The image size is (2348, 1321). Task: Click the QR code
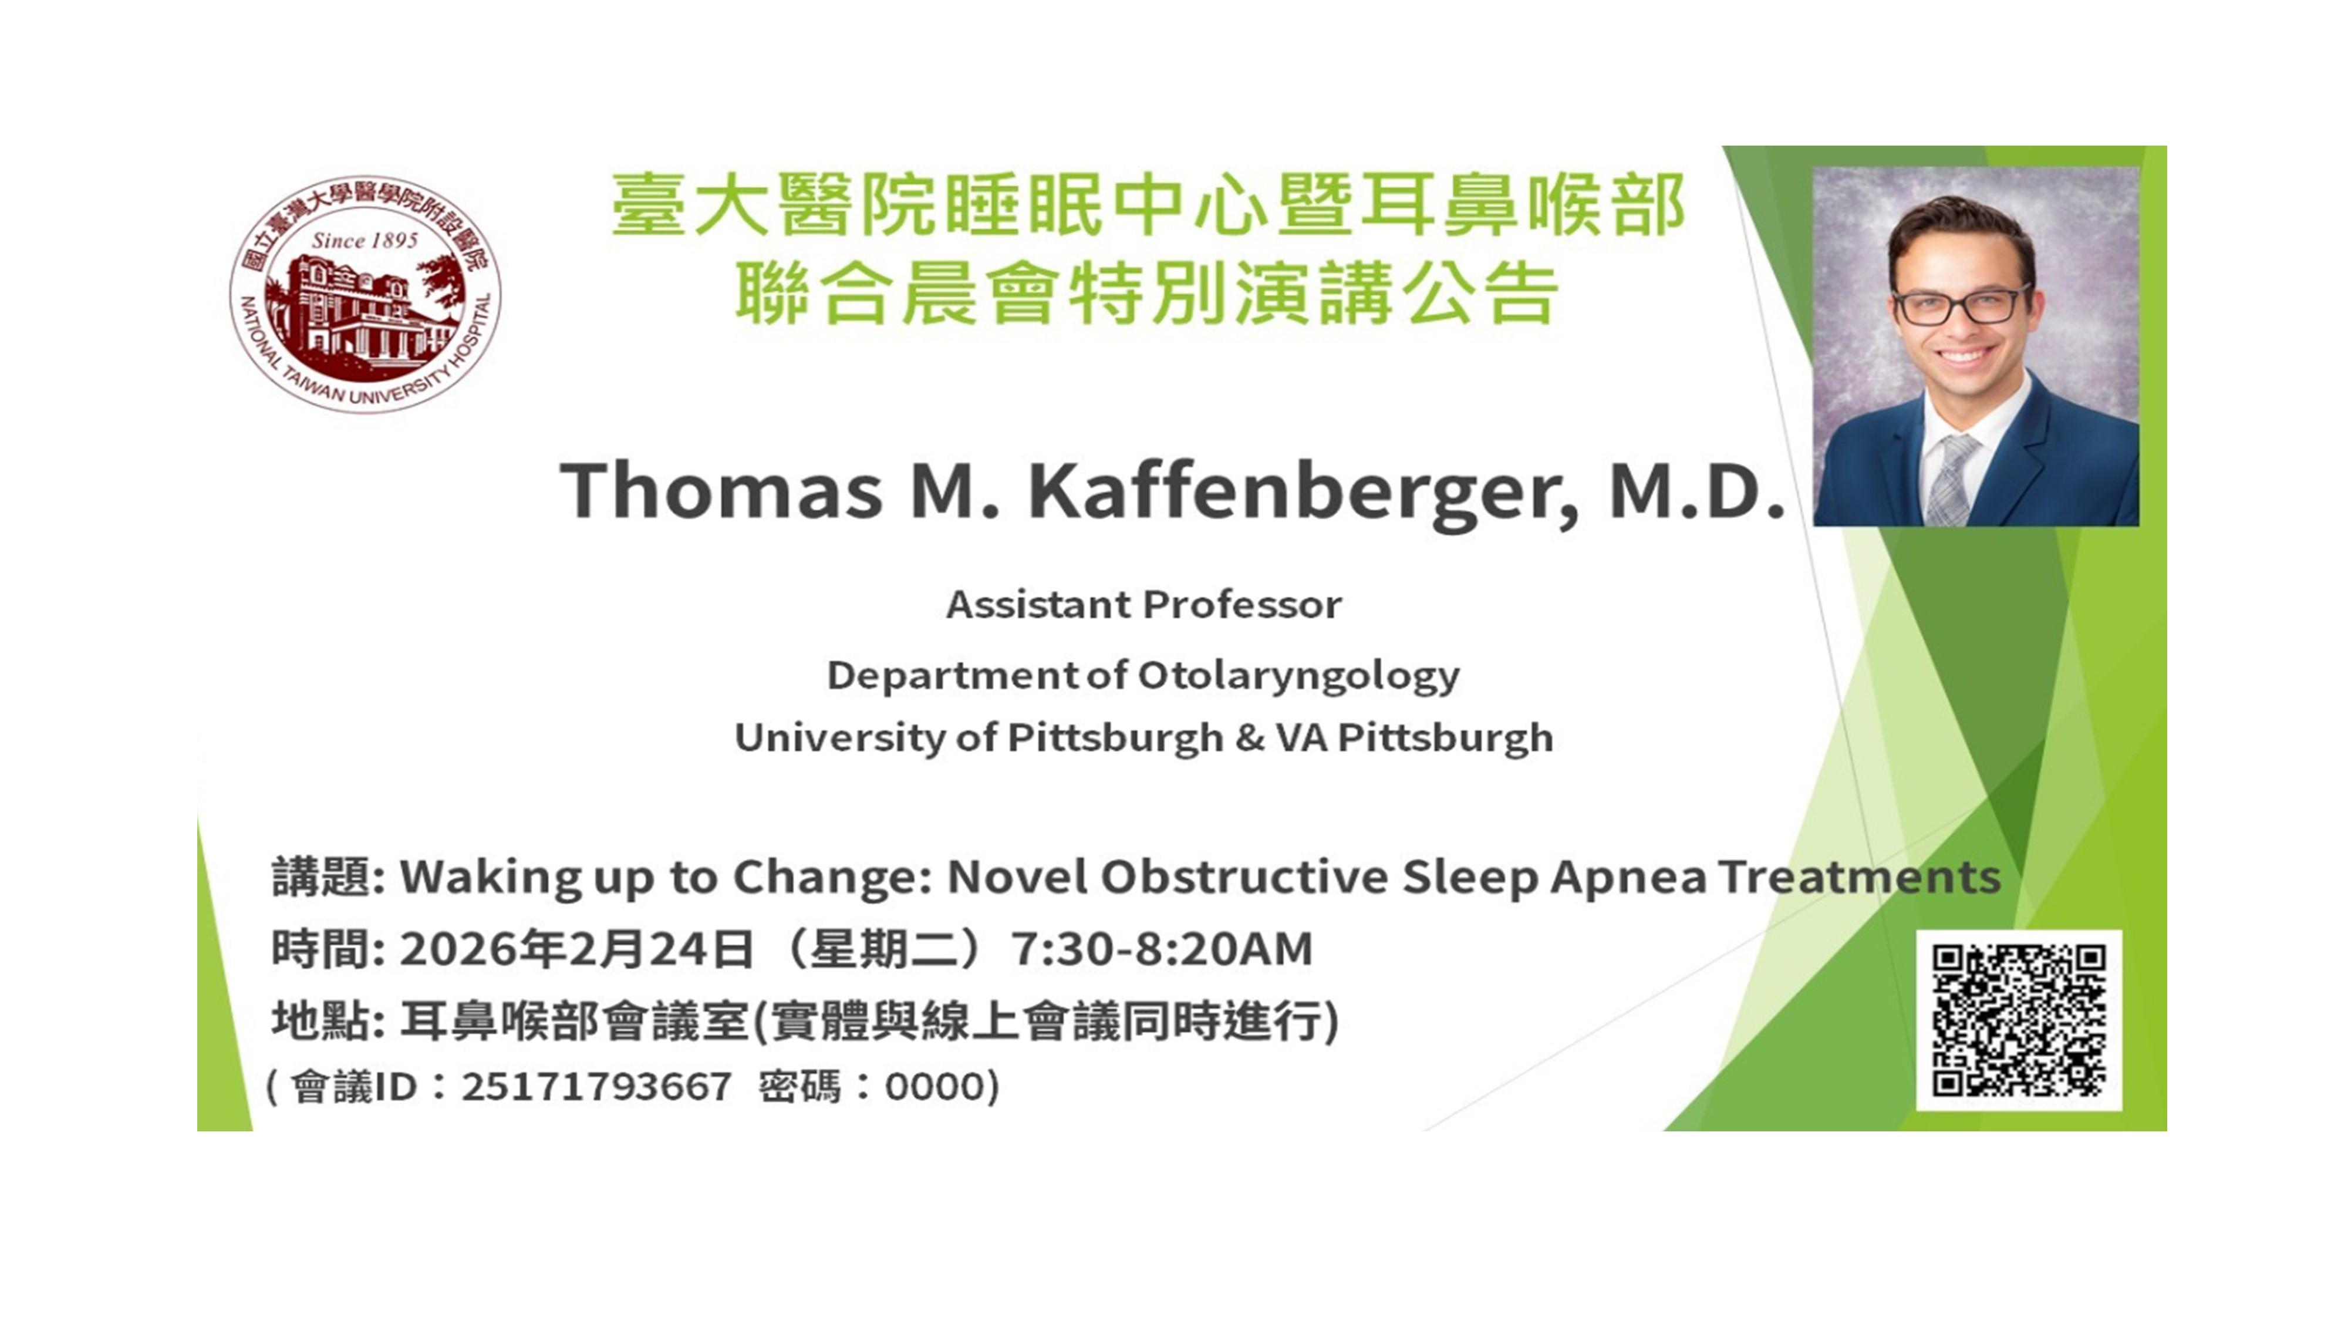click(x=2019, y=1020)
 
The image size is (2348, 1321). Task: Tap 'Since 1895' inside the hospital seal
click(x=365, y=241)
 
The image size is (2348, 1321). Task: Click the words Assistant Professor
click(x=1144, y=605)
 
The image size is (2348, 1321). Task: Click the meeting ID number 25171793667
click(x=596, y=1087)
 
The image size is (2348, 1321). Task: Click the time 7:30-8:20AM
click(x=1162, y=949)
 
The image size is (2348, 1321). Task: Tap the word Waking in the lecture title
click(x=490, y=878)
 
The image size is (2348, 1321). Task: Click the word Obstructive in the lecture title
click(x=1244, y=877)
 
